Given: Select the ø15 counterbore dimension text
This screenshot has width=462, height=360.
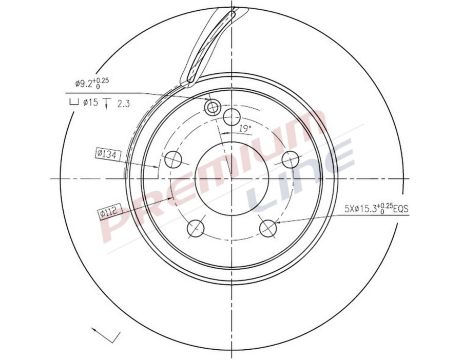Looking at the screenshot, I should pos(90,103).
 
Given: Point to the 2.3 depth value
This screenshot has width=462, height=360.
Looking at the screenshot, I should pos(123,104).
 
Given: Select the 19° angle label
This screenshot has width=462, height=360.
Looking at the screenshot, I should pos(245,128).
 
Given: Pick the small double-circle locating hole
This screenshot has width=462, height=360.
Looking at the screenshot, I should pos(212,107).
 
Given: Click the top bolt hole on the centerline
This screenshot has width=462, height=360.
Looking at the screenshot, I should pos(233,116).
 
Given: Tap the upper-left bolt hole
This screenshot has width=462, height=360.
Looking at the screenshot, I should pos(172,158).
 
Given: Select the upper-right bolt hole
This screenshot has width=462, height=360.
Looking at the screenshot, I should pos(291,159).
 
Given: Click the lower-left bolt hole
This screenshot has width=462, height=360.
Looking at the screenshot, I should pos(196,229).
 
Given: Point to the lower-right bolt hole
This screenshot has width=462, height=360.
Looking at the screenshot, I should pos(268,229).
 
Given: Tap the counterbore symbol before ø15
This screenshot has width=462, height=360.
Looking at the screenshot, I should pos(73,103).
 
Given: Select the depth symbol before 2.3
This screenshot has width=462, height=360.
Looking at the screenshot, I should pos(106,103).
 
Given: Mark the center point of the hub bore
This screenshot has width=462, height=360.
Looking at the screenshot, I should pos(232,178).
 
